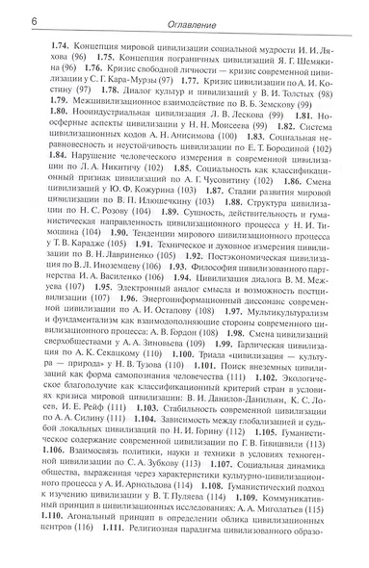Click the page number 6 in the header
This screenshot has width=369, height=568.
point(8,21)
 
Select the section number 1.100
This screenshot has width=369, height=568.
point(157,411)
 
